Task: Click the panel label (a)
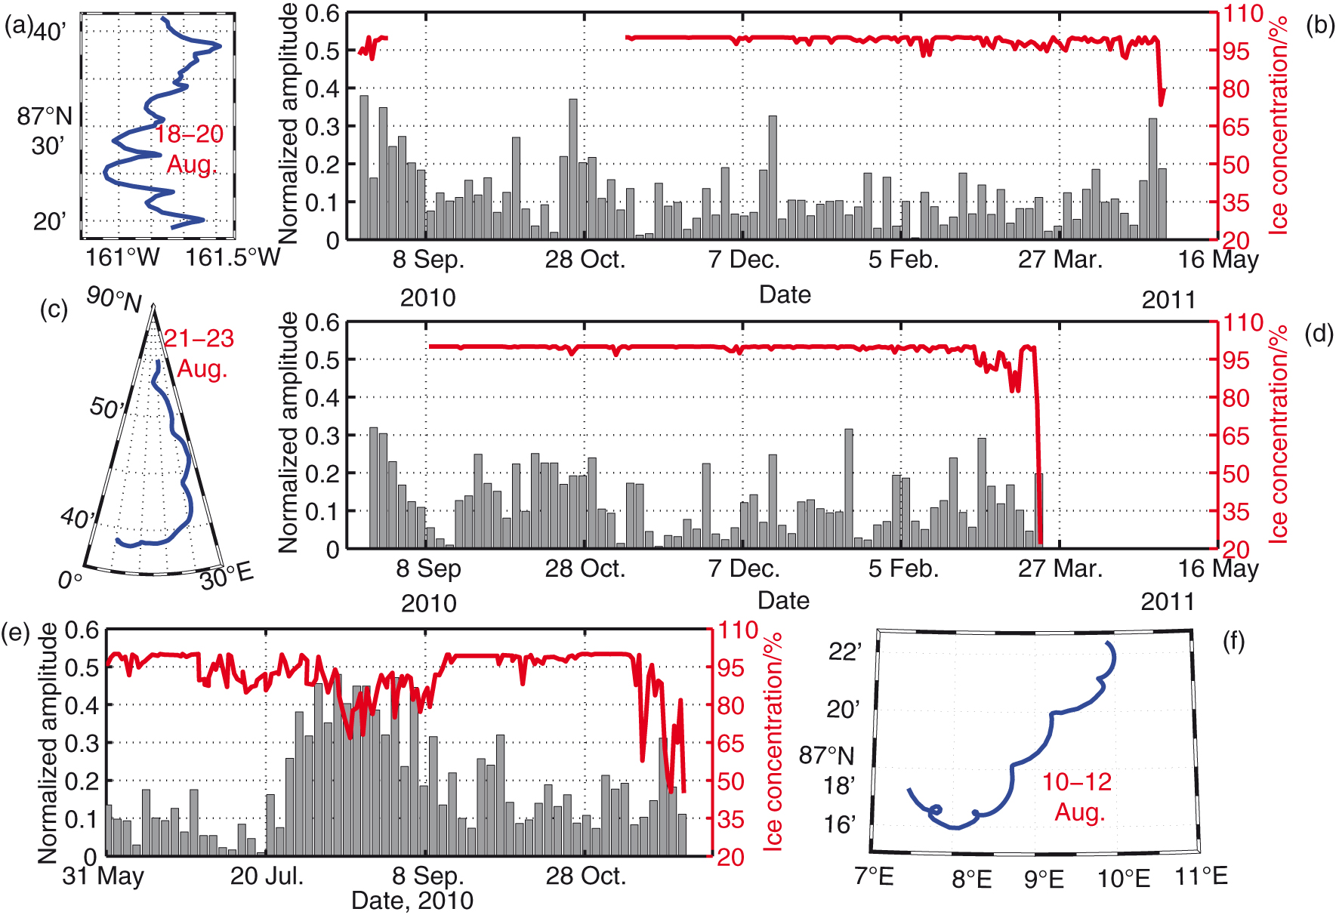pos(18,26)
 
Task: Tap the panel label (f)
pos(1233,642)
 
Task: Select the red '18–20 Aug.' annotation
pos(190,149)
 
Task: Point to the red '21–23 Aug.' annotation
pos(199,353)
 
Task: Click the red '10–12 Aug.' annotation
pos(1078,796)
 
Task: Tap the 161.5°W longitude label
pos(233,258)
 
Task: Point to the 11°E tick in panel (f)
pos(1201,876)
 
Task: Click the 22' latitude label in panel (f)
pos(844,652)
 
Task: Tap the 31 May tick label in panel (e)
pos(103,876)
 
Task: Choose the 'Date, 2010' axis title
pos(412,901)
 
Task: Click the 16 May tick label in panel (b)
pos(1218,260)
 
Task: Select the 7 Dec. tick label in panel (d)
pos(744,568)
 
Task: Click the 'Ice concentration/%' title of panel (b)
pos(1278,125)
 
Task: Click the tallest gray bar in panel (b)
pos(364,167)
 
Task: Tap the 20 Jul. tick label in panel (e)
pos(267,876)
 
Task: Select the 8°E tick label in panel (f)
pos(971,879)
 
